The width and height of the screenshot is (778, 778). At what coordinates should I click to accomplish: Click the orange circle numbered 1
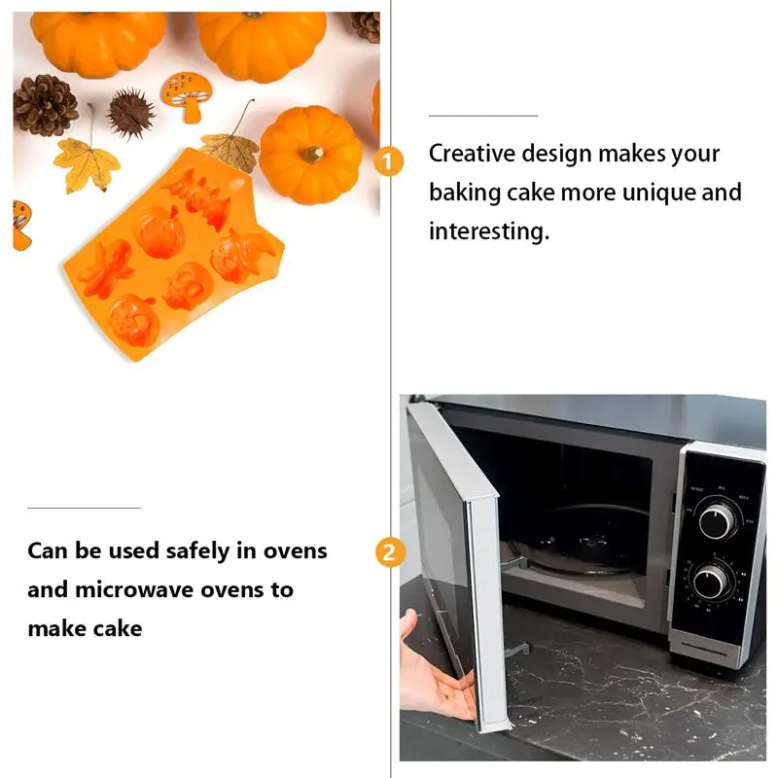[389, 161]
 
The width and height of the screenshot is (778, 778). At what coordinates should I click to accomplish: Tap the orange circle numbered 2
[389, 553]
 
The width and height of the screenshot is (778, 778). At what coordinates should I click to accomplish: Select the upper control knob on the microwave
[718, 516]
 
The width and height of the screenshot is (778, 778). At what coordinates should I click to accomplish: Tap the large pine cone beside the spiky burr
[45, 104]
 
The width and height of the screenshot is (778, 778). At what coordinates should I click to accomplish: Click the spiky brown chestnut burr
[130, 114]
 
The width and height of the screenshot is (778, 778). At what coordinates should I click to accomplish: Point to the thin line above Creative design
[483, 116]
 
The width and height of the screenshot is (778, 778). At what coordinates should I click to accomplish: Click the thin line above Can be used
[84, 508]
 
